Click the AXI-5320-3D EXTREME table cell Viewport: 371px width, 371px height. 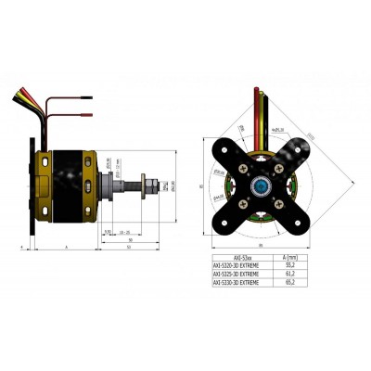(239, 263)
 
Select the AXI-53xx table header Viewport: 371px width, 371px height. (239, 254)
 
